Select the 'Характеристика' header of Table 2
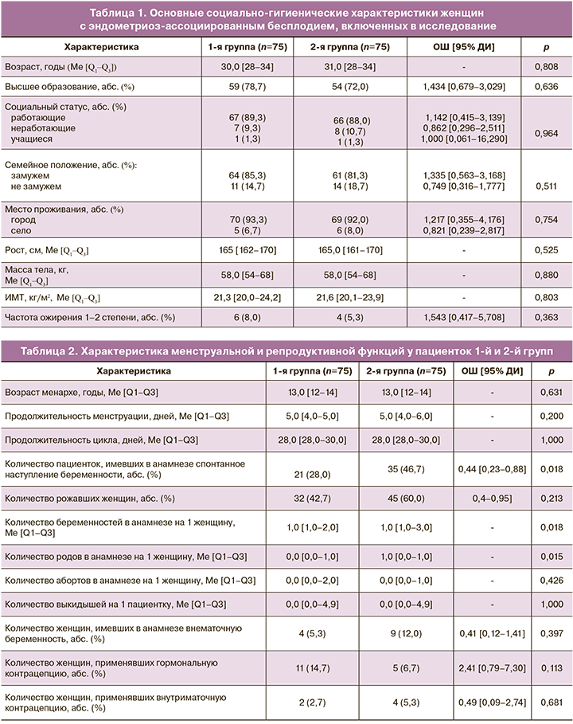pos(129,370)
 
